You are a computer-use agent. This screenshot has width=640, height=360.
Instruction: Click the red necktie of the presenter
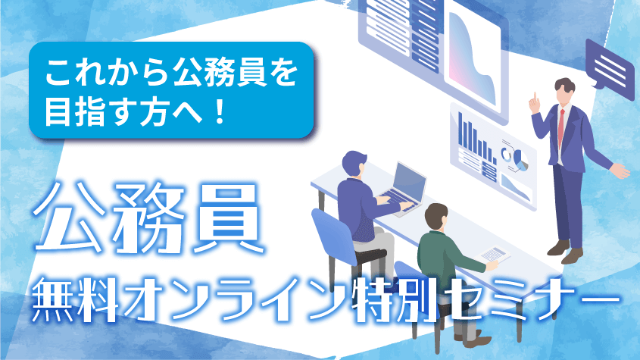tap(561, 127)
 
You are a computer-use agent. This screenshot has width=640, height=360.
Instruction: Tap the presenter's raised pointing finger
tap(533, 97)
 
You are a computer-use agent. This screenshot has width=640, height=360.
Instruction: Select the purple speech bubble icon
tap(609, 68)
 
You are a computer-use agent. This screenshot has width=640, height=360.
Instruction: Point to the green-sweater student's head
tap(436, 217)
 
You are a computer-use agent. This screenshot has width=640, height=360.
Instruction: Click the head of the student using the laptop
tap(354, 164)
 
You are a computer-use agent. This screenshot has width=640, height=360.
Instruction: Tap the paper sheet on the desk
tap(492, 254)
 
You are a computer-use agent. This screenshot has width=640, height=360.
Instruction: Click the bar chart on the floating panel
tap(476, 138)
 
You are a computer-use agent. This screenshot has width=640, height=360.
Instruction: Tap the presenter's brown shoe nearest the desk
tap(558, 248)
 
